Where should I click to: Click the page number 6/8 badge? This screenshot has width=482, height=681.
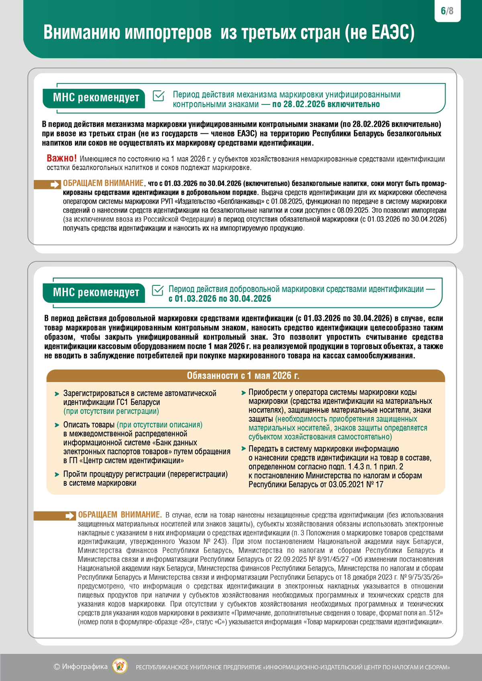click(x=447, y=11)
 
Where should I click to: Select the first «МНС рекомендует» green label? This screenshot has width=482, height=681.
click(x=96, y=98)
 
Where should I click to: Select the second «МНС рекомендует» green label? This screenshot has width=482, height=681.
click(x=96, y=292)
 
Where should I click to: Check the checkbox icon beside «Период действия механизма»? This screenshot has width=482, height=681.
click(x=159, y=96)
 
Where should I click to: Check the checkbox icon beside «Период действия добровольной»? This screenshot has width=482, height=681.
click(x=158, y=290)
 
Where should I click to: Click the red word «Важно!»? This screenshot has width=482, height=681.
click(x=61, y=158)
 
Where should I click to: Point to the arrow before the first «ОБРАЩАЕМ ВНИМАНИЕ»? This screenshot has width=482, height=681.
click(x=54, y=184)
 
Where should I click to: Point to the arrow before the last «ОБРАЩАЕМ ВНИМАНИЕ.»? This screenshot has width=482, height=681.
click(x=69, y=516)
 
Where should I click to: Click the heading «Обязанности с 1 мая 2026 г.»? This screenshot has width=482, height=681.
click(x=243, y=375)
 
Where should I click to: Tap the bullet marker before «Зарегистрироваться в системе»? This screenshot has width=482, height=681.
click(x=57, y=394)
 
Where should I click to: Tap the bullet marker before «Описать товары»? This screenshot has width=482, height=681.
click(x=57, y=425)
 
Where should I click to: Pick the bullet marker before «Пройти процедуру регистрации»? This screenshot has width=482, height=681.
click(x=57, y=475)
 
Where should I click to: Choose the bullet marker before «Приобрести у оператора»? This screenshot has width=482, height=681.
click(x=243, y=392)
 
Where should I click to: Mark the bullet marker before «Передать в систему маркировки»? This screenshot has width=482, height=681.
click(x=243, y=449)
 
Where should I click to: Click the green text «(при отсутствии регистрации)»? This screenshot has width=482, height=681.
click(x=111, y=411)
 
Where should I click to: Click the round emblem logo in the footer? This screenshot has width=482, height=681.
click(x=120, y=667)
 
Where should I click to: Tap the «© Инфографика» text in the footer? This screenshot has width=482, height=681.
click(x=81, y=667)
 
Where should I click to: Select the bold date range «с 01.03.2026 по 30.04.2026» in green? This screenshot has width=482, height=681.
click(x=220, y=299)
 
